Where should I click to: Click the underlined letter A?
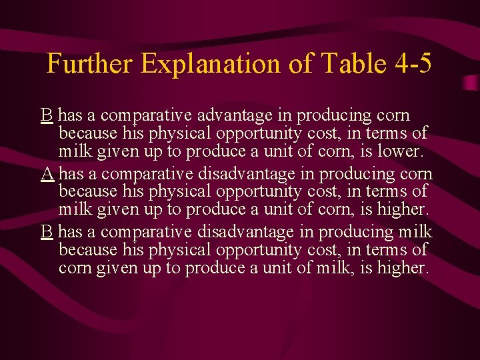click(47, 174)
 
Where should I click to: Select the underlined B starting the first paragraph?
click(47, 115)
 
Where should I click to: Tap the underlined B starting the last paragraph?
click(47, 232)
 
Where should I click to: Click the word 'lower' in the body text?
click(399, 151)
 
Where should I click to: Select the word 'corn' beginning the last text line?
click(74, 268)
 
